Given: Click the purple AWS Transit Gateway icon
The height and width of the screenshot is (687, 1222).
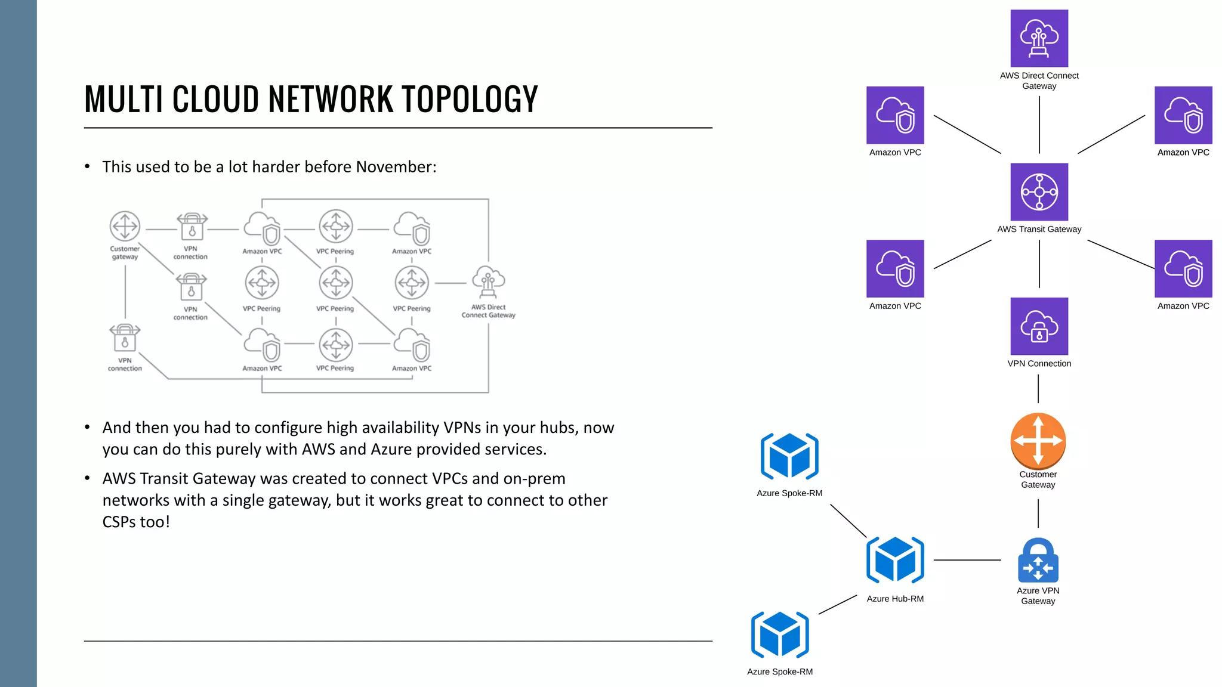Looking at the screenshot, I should tap(1039, 192).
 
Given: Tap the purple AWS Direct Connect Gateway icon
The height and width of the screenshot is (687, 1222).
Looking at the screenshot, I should tap(1039, 38).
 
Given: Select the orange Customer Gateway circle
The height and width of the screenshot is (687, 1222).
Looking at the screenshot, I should tap(1038, 441).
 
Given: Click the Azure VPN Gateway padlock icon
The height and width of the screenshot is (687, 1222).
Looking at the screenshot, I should tap(1038, 561).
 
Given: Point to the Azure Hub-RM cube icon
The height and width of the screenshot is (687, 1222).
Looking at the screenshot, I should tap(895, 560).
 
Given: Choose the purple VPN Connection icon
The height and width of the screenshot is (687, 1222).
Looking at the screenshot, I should tap(1039, 326).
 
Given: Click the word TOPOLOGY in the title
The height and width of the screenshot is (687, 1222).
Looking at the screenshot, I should tap(470, 99).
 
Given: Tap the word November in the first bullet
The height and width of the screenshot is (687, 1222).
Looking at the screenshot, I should tap(394, 167).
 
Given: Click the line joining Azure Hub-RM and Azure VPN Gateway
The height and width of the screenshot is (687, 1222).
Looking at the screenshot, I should tap(967, 560).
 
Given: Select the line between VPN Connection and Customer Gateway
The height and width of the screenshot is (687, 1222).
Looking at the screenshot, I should tap(1038, 389).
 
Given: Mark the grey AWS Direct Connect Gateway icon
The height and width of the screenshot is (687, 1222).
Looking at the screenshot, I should tap(488, 281).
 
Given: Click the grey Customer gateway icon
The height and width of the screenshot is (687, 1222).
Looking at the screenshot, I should tap(125, 227).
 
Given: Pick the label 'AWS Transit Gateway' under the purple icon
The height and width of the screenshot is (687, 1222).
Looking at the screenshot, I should tap(1039, 229).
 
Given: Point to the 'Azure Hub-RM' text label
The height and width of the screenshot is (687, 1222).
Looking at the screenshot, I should tap(895, 599).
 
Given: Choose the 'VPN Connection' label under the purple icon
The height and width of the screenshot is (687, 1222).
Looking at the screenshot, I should tap(1039, 364).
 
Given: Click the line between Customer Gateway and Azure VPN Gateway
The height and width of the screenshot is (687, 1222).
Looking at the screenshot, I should tap(1038, 513).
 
